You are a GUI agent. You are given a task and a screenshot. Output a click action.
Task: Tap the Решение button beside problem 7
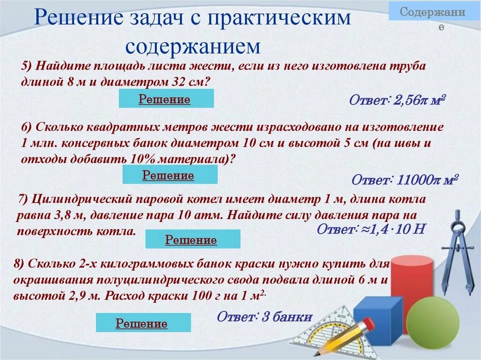point(192,239)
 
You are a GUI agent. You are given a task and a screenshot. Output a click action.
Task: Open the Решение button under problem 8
point(143,323)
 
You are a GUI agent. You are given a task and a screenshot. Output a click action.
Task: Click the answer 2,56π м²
point(397,100)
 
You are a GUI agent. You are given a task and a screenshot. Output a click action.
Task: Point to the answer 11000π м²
point(404,180)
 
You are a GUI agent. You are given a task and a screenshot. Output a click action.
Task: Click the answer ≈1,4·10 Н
point(371,229)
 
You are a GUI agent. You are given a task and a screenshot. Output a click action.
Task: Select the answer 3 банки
point(264,317)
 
